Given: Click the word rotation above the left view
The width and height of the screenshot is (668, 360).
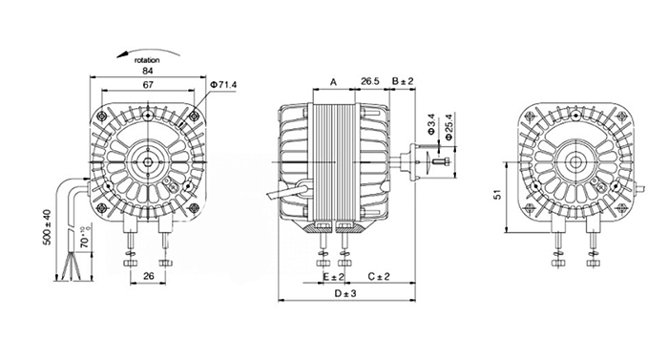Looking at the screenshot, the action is coord(147,60).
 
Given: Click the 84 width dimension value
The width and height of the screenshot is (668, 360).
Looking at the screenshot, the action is coord(147,71).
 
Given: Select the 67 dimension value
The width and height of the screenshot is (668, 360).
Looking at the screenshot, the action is coord(148,84).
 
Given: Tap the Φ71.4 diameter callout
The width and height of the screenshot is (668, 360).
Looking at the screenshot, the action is coord(223,85).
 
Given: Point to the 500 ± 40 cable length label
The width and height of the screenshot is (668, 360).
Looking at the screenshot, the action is coord(48,227).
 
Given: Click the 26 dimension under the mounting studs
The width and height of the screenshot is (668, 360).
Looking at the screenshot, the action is coord(148,276).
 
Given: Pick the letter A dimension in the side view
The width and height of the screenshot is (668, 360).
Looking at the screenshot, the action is coord(334,81).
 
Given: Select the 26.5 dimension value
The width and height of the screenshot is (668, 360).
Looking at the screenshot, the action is coord(370,81).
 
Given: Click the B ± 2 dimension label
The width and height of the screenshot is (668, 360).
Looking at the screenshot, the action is coord(403,81).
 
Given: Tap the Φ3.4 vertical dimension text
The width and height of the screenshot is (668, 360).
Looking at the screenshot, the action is coord(430,124).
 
